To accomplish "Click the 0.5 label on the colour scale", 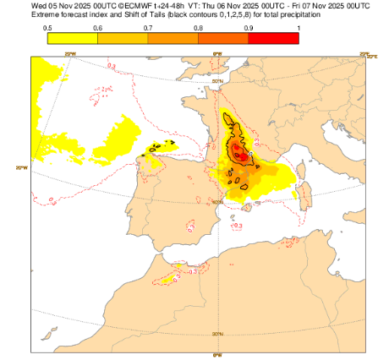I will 47,28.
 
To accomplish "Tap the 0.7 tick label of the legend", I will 148,28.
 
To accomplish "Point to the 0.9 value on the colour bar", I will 248,28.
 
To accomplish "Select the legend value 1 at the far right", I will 298,28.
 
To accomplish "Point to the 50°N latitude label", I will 217,82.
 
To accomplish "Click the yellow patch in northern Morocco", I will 178,269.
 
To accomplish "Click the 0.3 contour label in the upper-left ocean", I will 112,65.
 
